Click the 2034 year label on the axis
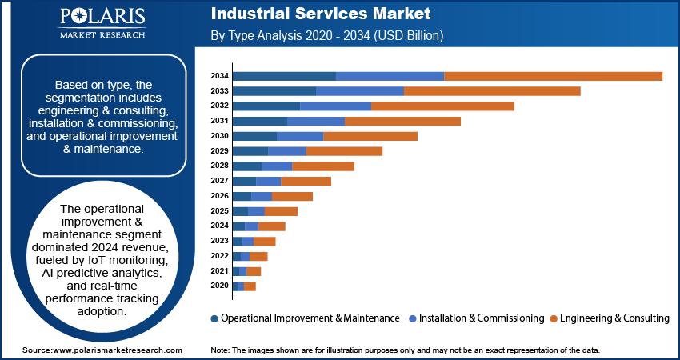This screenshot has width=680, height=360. tap(220, 76)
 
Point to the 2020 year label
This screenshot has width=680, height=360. tap(220, 286)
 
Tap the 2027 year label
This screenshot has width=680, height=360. tap(220, 181)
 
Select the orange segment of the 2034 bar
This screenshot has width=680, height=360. tap(553, 76)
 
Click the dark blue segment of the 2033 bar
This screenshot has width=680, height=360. tap(274, 91)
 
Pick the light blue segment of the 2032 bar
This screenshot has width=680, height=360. tap(335, 106)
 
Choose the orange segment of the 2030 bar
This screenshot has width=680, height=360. tap(370, 136)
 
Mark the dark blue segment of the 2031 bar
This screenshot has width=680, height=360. tap(259, 121)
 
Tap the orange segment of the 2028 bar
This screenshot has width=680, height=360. tap(322, 166)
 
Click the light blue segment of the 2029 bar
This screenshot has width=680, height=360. tap(286, 151)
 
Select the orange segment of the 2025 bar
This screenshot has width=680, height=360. tap(280, 211)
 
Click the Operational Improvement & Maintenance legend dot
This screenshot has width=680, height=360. tap(214, 318)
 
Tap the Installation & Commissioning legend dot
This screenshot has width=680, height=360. tap(411, 318)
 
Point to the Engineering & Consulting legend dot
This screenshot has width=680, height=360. tap(554, 318)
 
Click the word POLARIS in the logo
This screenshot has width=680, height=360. tap(102, 18)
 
